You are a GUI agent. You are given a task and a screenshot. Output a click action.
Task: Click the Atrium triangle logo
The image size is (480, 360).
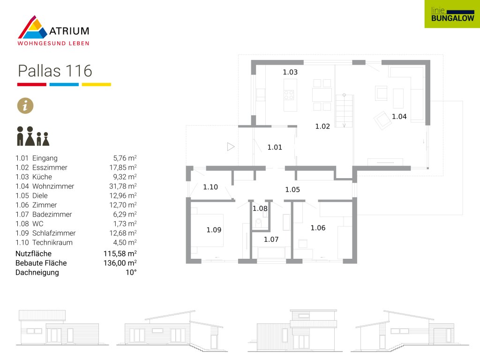pyautogui.click(x=32, y=28)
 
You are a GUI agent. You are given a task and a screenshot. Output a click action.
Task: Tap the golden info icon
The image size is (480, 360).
pyautogui.click(x=25, y=105)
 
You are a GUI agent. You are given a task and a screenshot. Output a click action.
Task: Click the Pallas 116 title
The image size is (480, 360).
pyautogui.click(x=55, y=71)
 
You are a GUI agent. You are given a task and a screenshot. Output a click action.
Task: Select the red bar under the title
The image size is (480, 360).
pyautogui.click(x=32, y=84)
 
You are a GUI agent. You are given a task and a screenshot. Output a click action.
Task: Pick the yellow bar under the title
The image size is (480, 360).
pyautogui.click(x=96, y=84)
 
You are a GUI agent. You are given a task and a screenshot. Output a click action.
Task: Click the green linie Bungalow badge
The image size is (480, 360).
pyautogui.click(x=452, y=14)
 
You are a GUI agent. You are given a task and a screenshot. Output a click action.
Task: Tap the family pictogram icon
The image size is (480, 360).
pyautogui.click(x=33, y=136)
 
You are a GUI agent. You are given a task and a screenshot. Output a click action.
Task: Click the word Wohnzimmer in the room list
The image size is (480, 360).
pyautogui.click(x=53, y=186)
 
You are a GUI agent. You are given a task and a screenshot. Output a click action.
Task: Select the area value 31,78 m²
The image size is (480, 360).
pyautogui.click(x=123, y=186)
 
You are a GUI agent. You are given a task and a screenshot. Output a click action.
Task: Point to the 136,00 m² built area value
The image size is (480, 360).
pyautogui.click(x=120, y=263)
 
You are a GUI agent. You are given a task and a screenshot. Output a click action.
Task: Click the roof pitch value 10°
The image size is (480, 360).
pyautogui.click(x=131, y=272)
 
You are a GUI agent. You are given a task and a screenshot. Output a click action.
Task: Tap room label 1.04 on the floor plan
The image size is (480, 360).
pyautogui.click(x=399, y=117)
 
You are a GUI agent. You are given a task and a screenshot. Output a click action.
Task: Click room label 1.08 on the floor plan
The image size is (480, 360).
pyautogui.click(x=260, y=209)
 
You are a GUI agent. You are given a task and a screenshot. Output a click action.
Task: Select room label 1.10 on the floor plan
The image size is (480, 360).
pyautogui.click(x=210, y=187)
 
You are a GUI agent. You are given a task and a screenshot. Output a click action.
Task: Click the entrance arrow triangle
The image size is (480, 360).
pyautogui.click(x=231, y=147)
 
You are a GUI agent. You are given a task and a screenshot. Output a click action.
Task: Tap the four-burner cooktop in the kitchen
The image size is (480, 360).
pyautogui.click(x=289, y=95)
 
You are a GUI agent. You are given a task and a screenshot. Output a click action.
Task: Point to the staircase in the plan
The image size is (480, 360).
pyautogui.click(x=344, y=111)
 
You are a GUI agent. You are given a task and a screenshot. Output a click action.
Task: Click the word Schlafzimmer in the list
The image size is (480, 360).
pyautogui.click(x=54, y=233)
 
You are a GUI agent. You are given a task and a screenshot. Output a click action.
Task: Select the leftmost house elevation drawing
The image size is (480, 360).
pyautogui.click(x=62, y=328)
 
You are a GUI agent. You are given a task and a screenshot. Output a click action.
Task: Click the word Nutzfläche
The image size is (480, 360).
pyautogui.click(x=33, y=254)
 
